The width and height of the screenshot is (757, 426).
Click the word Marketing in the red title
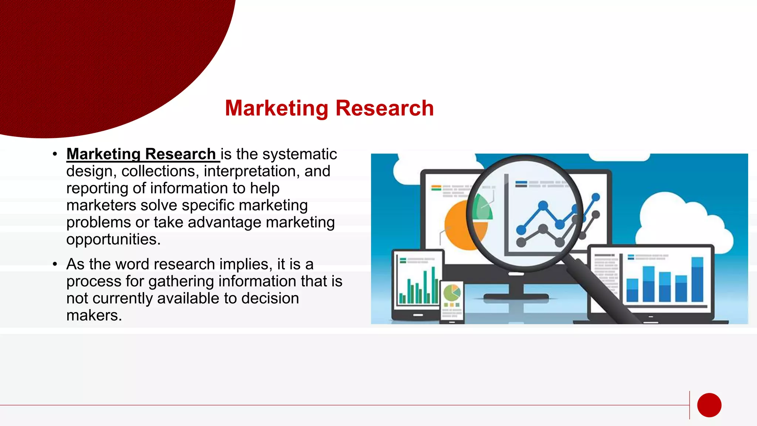tap(276, 108)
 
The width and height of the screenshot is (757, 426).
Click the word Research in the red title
tap(384, 108)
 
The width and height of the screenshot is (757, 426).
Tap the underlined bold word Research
tap(180, 154)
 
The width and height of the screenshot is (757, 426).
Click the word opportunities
tap(113, 240)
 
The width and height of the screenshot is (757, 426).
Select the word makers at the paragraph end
tap(94, 315)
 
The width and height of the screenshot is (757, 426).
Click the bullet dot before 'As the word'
tap(55, 264)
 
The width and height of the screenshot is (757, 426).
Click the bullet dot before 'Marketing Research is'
tap(55, 154)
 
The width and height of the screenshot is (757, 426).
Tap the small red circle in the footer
tap(709, 405)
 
